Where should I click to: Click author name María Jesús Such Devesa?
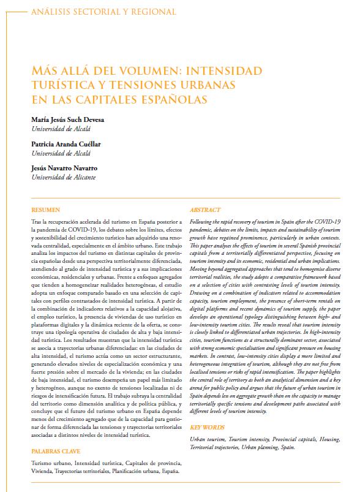coord(70,120)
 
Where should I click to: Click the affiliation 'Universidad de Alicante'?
coord(64,177)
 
